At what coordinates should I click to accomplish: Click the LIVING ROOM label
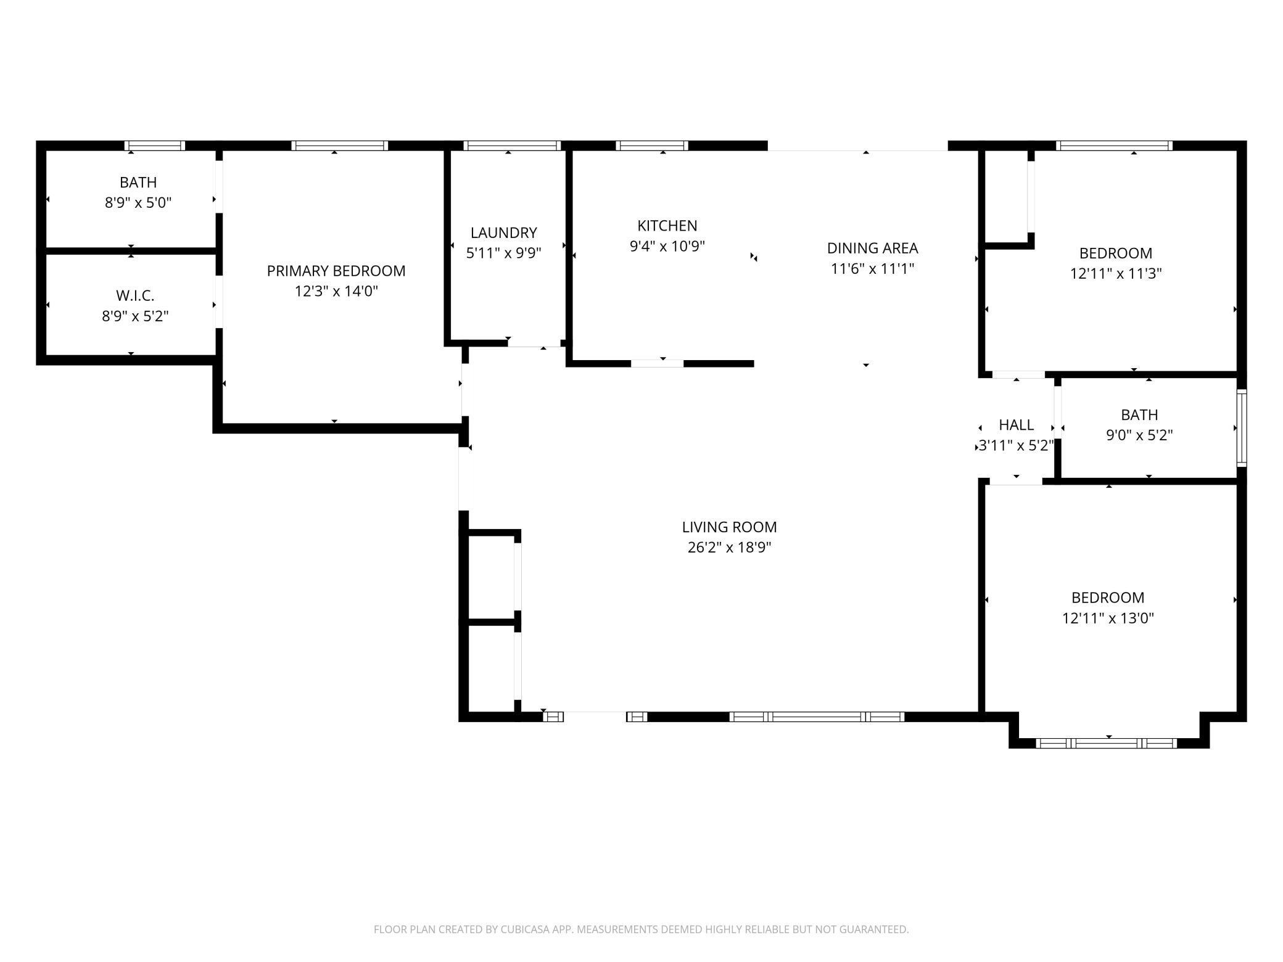[729, 527]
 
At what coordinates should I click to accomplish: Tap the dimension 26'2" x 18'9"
[729, 548]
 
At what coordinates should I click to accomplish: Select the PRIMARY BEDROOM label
[336, 271]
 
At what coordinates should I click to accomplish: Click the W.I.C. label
[135, 296]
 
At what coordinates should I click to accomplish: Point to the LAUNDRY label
[503, 232]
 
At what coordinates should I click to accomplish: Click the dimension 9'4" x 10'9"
[667, 246]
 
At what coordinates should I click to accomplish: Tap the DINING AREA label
[872, 248]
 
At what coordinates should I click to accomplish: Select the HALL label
[1016, 425]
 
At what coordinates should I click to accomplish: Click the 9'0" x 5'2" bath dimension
[1139, 435]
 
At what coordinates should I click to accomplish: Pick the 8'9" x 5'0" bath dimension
[138, 203]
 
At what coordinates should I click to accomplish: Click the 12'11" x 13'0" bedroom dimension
[1108, 618]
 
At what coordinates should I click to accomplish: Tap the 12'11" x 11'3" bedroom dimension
[1115, 273]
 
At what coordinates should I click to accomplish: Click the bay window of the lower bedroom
[1108, 744]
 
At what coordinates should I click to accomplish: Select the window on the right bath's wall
[1242, 427]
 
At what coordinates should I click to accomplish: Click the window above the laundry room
[511, 146]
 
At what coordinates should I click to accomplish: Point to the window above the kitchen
[651, 146]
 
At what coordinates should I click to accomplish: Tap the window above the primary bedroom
[339, 146]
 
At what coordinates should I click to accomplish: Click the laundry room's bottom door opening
[534, 343]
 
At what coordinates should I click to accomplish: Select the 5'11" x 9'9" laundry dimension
[503, 253]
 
